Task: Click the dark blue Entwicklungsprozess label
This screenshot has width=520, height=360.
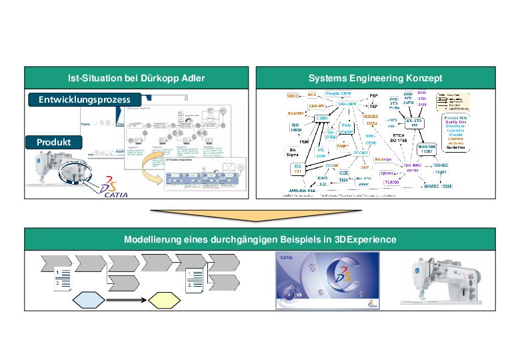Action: pos(84,99)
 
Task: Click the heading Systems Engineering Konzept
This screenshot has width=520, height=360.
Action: pos(375,78)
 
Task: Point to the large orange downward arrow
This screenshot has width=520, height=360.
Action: pos(260,215)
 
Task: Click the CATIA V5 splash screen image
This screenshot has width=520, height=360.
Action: pos(327,281)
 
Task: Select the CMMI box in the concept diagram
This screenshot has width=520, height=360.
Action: pos(313,117)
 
